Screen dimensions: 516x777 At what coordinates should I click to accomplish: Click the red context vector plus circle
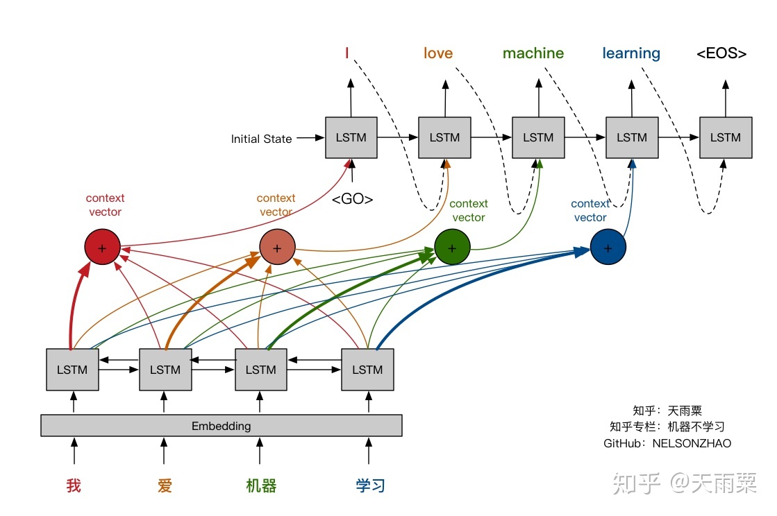click(x=103, y=248)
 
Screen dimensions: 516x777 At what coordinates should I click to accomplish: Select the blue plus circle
click(x=608, y=248)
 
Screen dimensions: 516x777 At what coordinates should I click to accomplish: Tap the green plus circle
click(x=452, y=248)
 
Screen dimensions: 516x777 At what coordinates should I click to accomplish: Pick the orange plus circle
click(x=277, y=248)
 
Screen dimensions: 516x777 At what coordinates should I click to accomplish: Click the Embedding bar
click(x=221, y=426)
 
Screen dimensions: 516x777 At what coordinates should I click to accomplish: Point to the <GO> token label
click(x=352, y=199)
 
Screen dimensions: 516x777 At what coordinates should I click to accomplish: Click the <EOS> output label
click(x=721, y=53)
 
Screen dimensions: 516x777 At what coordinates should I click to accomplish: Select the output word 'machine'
click(x=533, y=53)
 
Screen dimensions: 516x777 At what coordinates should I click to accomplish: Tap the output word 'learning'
click(x=631, y=53)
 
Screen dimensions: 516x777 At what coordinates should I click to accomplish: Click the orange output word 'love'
click(x=438, y=53)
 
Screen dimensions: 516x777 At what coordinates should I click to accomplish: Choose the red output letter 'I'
click(x=346, y=53)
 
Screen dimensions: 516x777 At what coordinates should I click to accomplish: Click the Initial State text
click(x=261, y=139)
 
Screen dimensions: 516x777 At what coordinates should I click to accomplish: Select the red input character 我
click(x=74, y=485)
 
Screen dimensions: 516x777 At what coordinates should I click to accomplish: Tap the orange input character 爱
click(x=165, y=485)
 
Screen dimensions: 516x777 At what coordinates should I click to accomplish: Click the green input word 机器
click(x=261, y=485)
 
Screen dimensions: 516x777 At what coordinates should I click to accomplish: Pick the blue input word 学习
click(x=370, y=485)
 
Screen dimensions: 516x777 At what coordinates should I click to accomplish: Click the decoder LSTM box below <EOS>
click(x=726, y=138)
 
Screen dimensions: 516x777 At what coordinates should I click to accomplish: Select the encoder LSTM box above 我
click(x=72, y=370)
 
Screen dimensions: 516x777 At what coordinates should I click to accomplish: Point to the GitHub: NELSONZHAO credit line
click(x=667, y=443)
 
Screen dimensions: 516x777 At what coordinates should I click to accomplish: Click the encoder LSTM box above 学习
click(x=367, y=370)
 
